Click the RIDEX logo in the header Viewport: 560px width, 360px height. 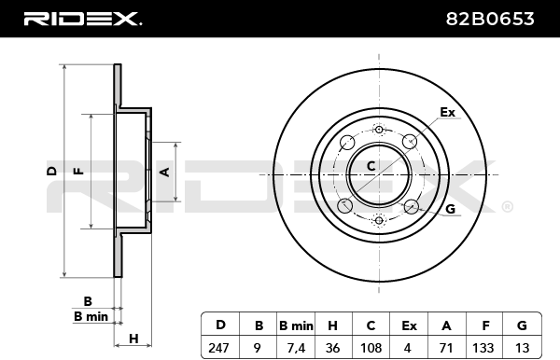82,19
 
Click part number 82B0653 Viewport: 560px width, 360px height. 490,19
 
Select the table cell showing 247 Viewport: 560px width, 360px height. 218,348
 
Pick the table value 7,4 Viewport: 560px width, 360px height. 296,348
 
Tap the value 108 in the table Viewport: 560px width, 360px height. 371,348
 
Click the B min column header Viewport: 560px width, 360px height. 296,325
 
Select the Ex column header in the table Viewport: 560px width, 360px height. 409,325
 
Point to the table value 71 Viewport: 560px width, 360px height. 446,348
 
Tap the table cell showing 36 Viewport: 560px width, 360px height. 333,348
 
